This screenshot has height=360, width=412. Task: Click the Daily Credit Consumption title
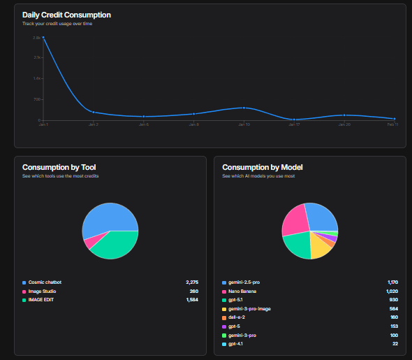66,15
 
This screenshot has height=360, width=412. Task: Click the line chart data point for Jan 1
43,38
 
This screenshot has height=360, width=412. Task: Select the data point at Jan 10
244,108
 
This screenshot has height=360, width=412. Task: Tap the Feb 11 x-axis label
394,124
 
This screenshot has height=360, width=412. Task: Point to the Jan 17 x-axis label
294,124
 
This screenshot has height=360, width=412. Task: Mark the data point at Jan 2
94,112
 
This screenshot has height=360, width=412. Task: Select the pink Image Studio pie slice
89,242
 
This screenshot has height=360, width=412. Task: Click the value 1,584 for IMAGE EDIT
192,299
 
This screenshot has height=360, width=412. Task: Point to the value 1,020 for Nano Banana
392,291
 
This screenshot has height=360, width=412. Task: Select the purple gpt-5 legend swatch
224,326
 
